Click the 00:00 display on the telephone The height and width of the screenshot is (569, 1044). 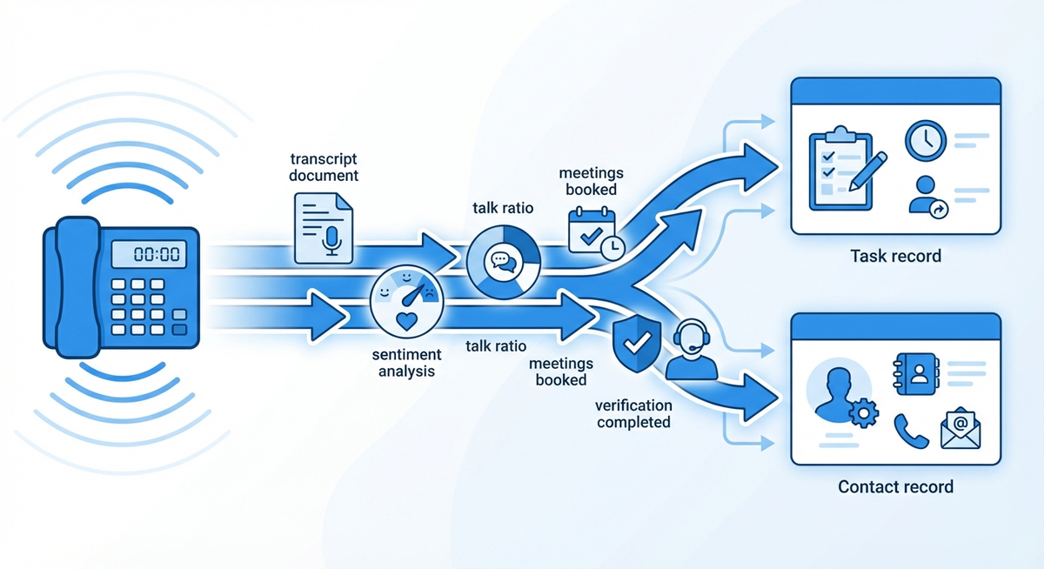pos(145,255)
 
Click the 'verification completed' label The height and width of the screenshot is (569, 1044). pos(632,414)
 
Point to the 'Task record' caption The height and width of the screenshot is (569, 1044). pos(894,257)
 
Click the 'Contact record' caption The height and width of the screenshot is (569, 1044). pos(895,486)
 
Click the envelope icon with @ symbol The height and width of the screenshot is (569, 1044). pos(960,428)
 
